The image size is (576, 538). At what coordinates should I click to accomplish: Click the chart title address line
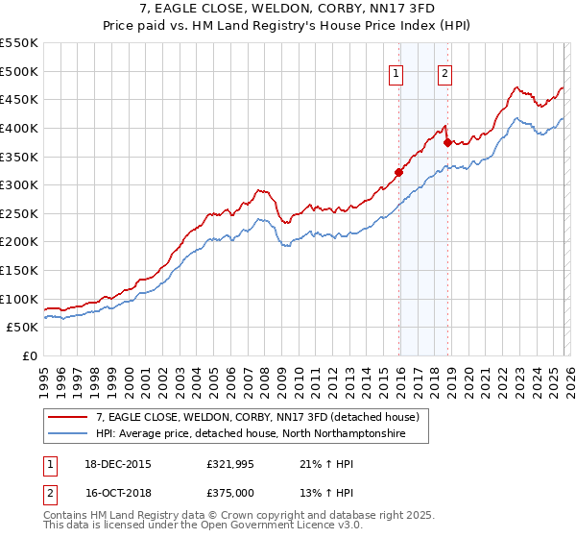(x=288, y=9)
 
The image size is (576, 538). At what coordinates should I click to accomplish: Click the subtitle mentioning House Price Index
(x=288, y=26)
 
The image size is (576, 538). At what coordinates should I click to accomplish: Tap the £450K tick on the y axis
(x=19, y=99)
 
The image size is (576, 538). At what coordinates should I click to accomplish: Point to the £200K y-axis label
(x=19, y=242)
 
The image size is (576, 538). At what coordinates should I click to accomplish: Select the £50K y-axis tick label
(x=23, y=328)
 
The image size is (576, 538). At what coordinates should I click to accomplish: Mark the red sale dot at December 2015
(x=398, y=173)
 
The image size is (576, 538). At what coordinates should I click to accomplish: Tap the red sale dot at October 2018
(x=447, y=142)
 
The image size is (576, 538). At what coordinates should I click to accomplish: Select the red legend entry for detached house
(x=257, y=418)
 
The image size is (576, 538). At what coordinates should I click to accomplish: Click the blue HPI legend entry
(x=250, y=434)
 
